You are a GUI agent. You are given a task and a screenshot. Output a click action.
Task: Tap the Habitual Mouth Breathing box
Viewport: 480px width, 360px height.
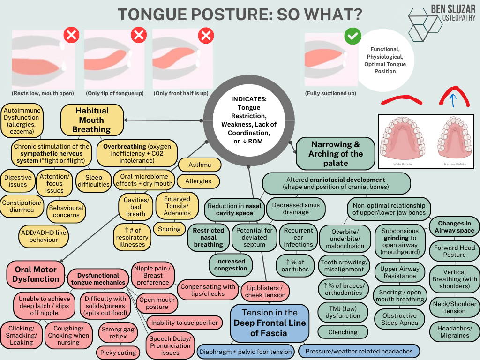click(x=92, y=120)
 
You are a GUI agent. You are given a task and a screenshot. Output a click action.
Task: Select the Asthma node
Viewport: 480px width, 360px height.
click(x=200, y=165)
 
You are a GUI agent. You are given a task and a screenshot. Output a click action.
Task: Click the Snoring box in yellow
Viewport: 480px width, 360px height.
click(x=169, y=229)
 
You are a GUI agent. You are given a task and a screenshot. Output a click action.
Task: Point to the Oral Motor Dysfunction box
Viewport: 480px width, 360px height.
click(x=36, y=274)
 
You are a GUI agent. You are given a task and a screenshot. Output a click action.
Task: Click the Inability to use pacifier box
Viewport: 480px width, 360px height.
click(x=184, y=322)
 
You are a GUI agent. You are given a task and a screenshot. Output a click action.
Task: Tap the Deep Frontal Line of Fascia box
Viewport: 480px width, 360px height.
click(x=270, y=323)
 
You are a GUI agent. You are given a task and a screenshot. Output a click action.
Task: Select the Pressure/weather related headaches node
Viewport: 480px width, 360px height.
click(x=359, y=351)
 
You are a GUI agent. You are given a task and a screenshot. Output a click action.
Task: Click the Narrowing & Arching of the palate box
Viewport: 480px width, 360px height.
click(x=336, y=153)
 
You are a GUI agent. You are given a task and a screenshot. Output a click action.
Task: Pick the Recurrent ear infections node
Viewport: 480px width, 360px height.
click(x=298, y=237)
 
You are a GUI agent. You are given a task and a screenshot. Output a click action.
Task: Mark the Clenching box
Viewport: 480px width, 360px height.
click(x=343, y=332)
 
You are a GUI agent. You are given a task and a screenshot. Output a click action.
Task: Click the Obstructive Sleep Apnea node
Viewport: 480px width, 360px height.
click(x=399, y=319)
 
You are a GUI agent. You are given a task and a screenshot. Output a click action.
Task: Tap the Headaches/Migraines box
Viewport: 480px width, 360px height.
click(x=455, y=332)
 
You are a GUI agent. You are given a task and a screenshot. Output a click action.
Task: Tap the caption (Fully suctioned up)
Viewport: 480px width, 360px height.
click(x=330, y=93)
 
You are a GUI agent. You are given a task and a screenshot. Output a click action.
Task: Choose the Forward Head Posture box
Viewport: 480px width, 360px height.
click(x=454, y=251)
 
